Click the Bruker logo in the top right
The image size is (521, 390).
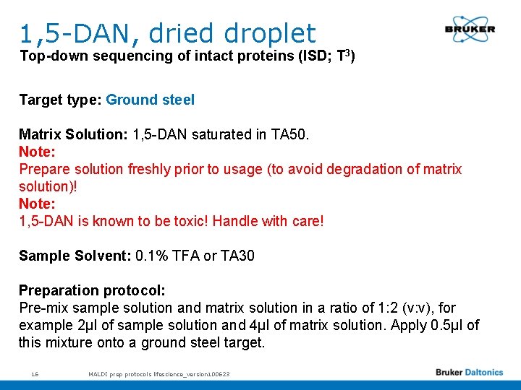[x=470, y=30]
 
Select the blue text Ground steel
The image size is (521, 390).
[x=150, y=100]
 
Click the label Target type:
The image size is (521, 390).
[x=61, y=100]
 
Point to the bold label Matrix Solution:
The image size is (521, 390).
[x=74, y=134]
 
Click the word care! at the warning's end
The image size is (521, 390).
[x=307, y=221]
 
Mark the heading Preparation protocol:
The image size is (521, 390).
[x=92, y=290]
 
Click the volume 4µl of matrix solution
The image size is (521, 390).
[x=305, y=325]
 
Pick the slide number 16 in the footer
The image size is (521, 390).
[x=35, y=373]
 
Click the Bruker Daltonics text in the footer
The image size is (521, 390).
[x=469, y=373]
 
